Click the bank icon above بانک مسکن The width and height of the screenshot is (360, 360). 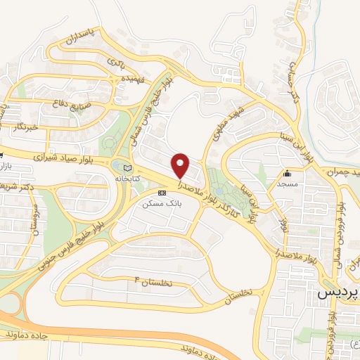pos(162,192)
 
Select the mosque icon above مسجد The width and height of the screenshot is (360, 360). pos(287,174)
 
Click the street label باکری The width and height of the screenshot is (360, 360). pos(117,63)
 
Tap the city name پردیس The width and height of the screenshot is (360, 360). pos(341,290)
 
